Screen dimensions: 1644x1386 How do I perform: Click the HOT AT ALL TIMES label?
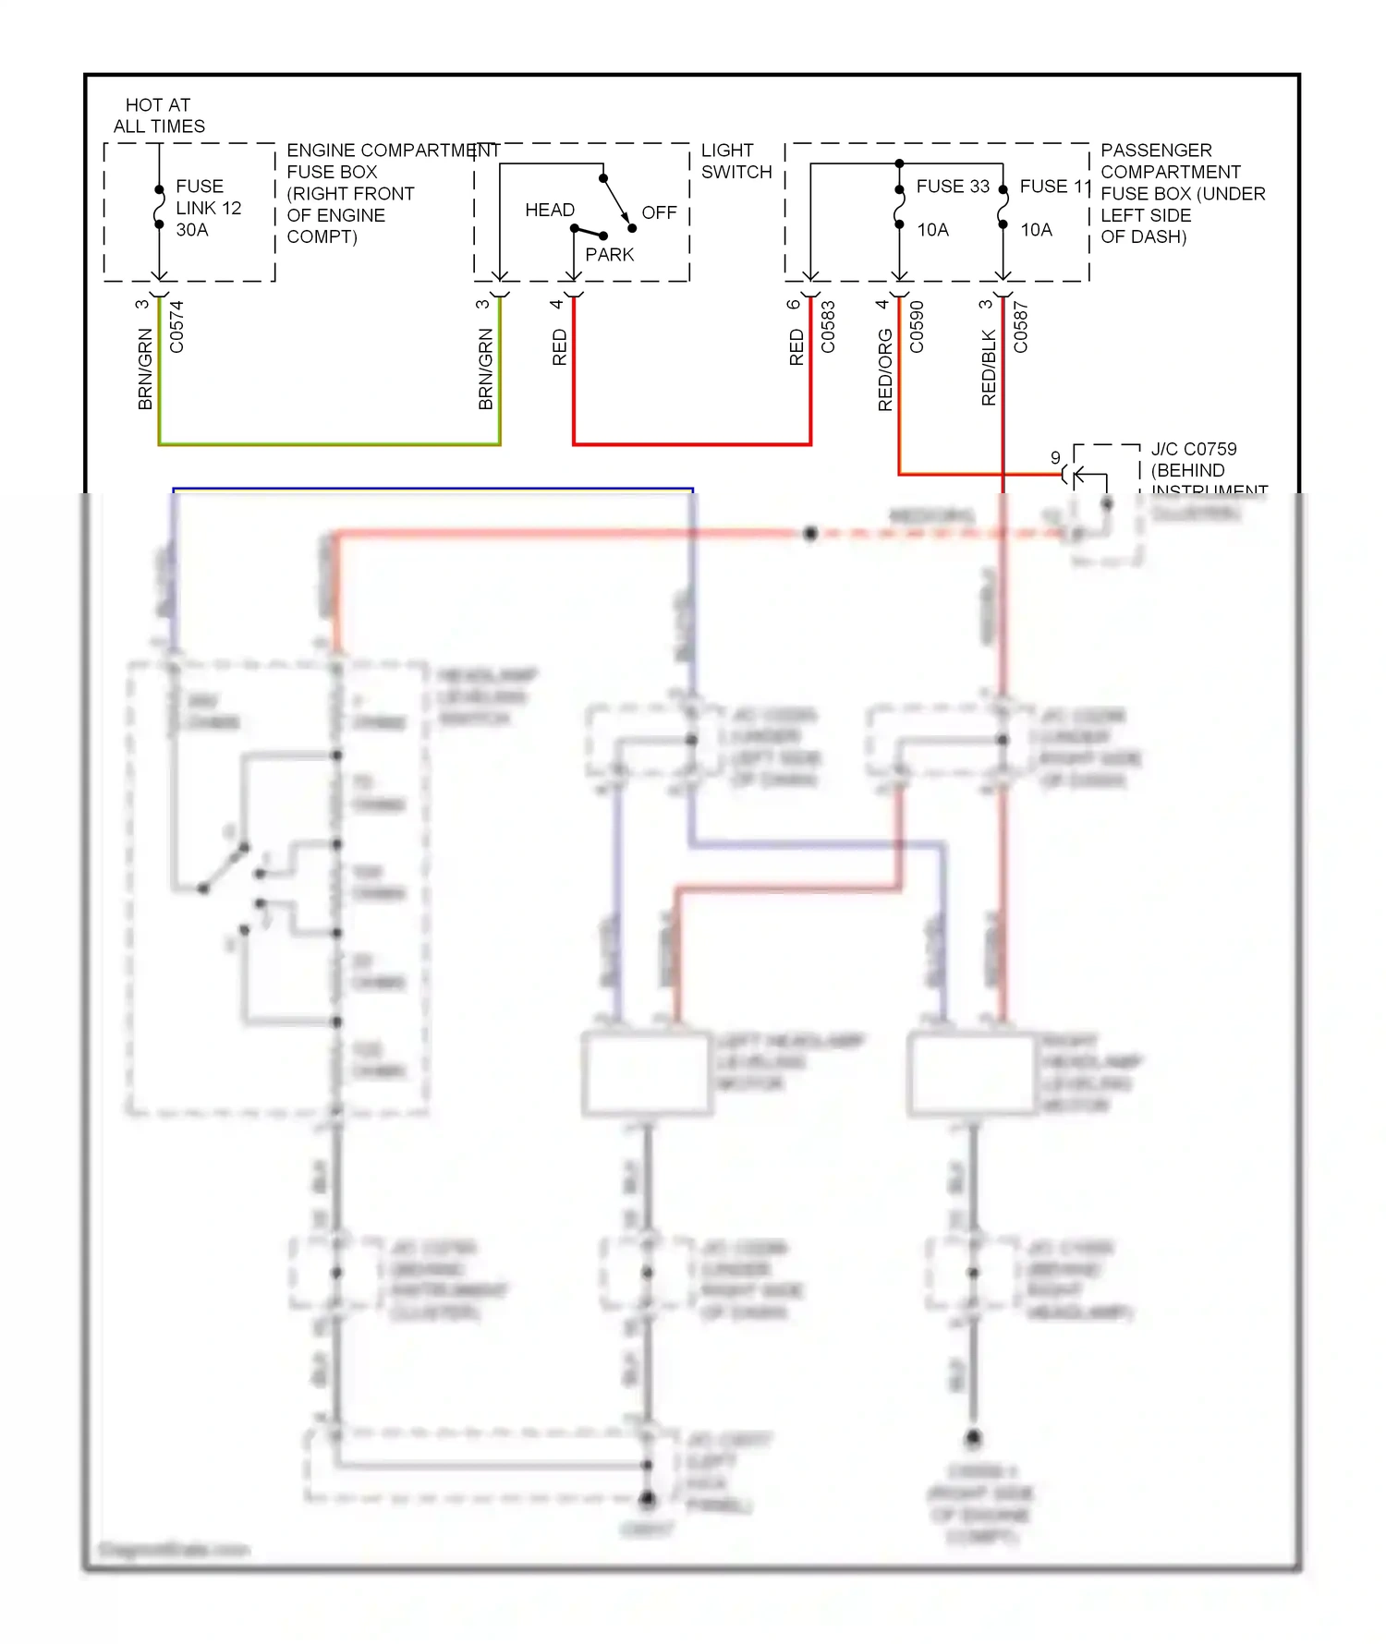159,115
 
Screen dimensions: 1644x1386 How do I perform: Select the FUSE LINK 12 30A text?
208,208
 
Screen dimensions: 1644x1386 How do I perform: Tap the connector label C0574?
176,327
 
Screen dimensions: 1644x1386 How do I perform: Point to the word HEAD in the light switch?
550,211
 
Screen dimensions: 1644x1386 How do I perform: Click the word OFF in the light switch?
659,213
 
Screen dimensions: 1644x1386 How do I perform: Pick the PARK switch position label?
610,255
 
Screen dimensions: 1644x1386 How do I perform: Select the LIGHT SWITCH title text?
736,162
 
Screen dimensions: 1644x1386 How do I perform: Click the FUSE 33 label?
953,187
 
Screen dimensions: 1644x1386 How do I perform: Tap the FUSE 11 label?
1055,187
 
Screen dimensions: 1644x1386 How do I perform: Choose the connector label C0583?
828,327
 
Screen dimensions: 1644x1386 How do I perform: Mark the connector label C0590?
917,327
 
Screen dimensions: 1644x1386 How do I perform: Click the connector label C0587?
1020,327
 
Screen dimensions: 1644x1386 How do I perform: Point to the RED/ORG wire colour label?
885,369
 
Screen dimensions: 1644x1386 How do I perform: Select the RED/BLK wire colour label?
989,368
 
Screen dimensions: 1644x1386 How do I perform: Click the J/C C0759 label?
1193,450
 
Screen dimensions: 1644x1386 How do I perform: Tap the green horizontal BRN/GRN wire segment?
329,444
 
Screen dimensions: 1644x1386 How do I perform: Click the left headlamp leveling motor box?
647,1073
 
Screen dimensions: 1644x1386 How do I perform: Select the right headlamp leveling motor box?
972,1073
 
